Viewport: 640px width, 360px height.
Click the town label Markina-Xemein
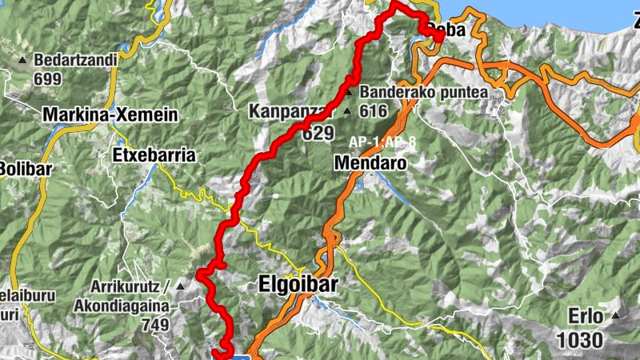[110, 114]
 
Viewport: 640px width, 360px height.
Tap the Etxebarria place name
[154, 155]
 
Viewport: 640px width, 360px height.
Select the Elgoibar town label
[298, 284]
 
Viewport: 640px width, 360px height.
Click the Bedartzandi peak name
[77, 61]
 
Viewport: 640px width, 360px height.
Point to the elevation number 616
[373, 111]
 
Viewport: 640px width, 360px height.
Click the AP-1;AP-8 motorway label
[381, 142]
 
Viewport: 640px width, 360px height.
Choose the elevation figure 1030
[579, 340]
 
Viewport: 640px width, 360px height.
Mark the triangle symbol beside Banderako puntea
[349, 92]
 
